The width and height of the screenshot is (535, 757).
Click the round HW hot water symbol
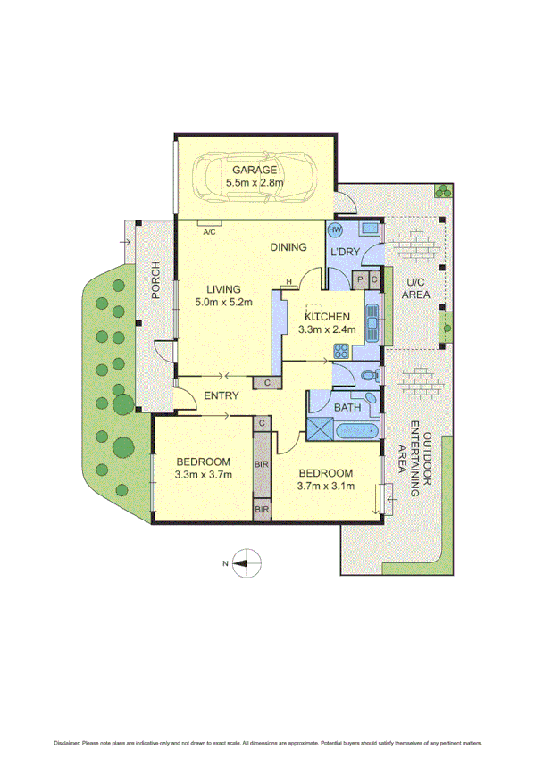pos(336,230)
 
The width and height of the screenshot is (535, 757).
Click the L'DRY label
pos(345,253)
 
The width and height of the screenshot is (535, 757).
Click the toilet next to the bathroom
pos(366,374)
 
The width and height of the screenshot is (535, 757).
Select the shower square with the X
pos(318,428)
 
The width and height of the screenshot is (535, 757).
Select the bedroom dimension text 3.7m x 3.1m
pos(325,487)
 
